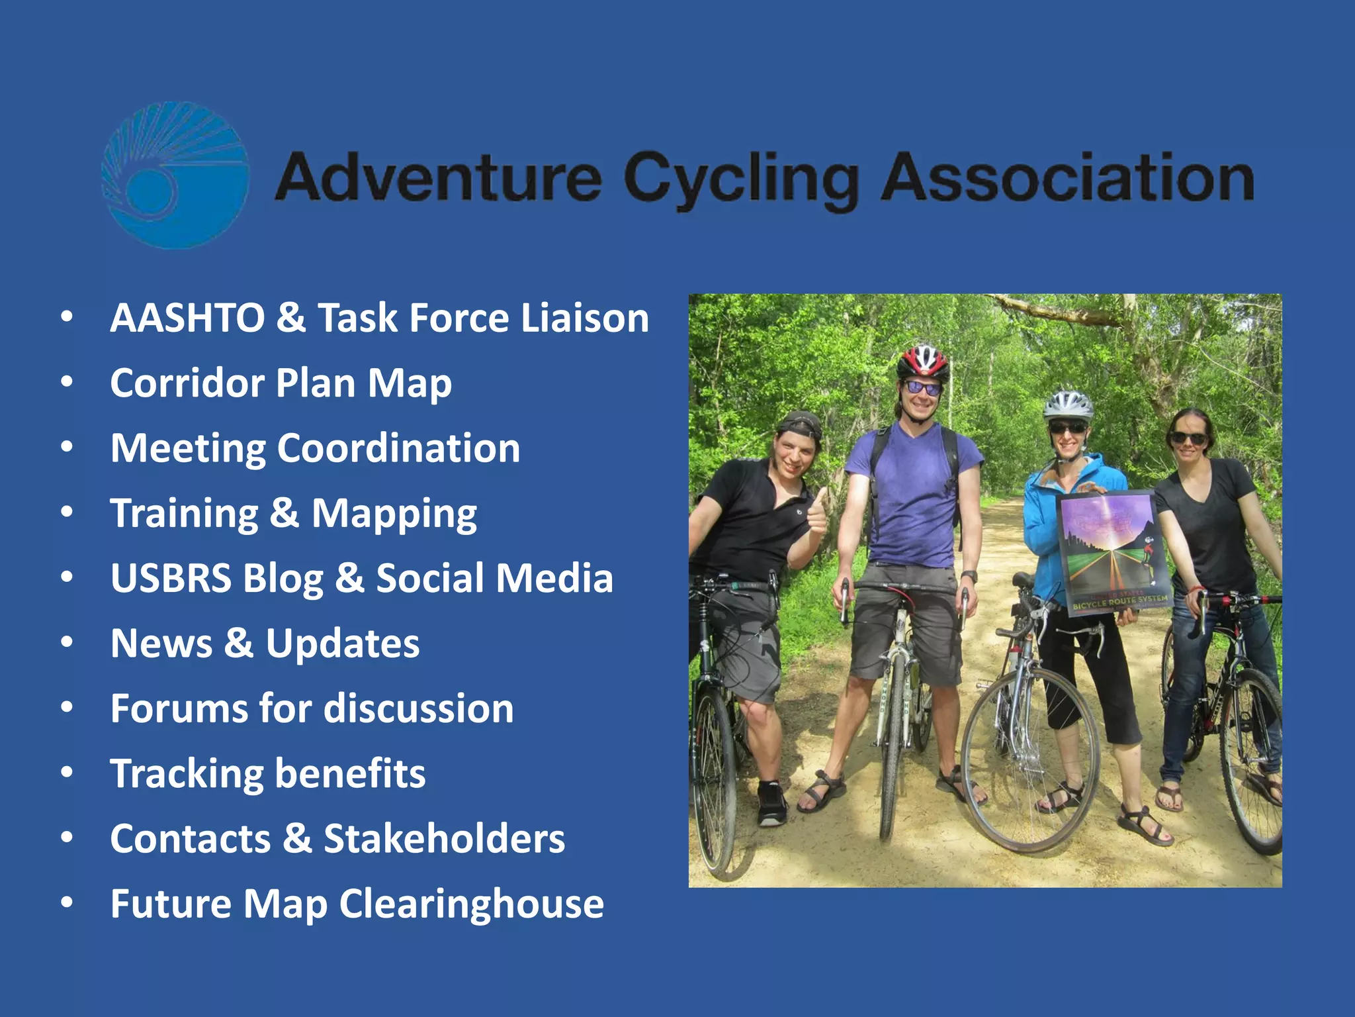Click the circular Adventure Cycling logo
(175, 175)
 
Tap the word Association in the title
(1067, 177)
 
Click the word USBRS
(171, 578)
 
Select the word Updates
(343, 643)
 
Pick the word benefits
(350, 773)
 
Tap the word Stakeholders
(444, 838)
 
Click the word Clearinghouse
(471, 904)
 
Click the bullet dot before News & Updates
(67, 642)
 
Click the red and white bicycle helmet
(923, 361)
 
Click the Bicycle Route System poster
(1112, 550)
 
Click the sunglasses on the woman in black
(1189, 438)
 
